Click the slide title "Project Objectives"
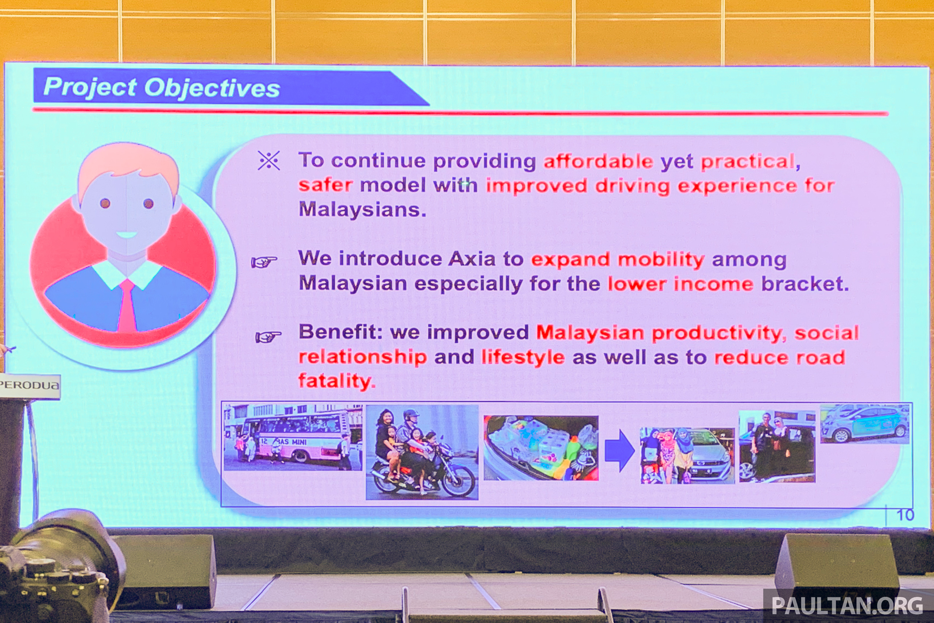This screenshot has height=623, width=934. pos(162,88)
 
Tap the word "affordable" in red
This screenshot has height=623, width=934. pos(598,161)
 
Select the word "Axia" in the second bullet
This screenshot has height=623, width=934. pos(472,259)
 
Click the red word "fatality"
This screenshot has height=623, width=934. pos(336,381)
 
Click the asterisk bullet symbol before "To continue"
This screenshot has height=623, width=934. pos(269,161)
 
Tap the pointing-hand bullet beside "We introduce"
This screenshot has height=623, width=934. pos(264,262)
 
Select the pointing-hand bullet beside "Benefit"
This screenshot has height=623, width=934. pos(269,337)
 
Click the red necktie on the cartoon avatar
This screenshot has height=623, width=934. pos(127,306)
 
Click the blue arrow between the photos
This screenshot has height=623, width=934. pos(620,451)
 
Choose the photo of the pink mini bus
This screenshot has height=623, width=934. pos(293,437)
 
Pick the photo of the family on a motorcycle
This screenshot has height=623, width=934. pos(422,452)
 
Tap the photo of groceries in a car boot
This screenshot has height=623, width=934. pos(541,448)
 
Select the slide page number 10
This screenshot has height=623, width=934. pos(905,515)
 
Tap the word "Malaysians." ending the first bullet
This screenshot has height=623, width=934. pos(362,209)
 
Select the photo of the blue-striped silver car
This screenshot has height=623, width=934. pos(865,423)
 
